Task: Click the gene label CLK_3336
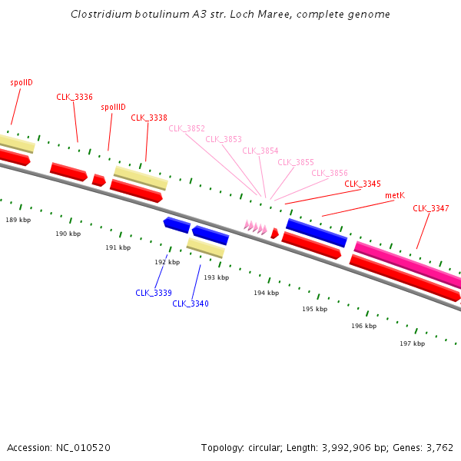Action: tap(75, 97)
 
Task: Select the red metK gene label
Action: tap(394, 196)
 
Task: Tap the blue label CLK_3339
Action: tap(154, 293)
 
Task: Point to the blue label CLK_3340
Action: tap(191, 303)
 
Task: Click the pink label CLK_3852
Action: tap(187, 128)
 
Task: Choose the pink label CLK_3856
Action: tap(330, 173)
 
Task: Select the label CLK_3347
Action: tap(431, 208)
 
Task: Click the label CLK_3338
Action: tap(149, 118)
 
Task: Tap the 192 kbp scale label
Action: tap(167, 262)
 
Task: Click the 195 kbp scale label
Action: tap(314, 309)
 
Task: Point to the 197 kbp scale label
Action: tap(412, 343)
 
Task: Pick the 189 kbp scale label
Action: tap(18, 220)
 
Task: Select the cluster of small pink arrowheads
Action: tap(255, 227)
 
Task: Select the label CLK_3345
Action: tap(363, 184)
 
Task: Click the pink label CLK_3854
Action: tap(260, 151)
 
